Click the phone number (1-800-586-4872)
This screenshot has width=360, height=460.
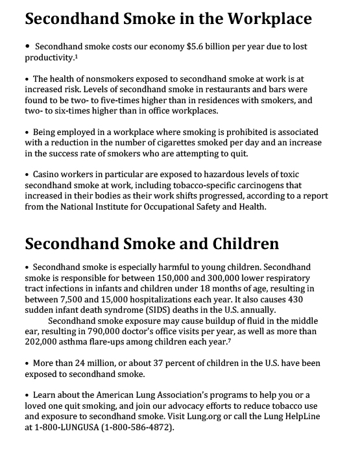136,428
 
